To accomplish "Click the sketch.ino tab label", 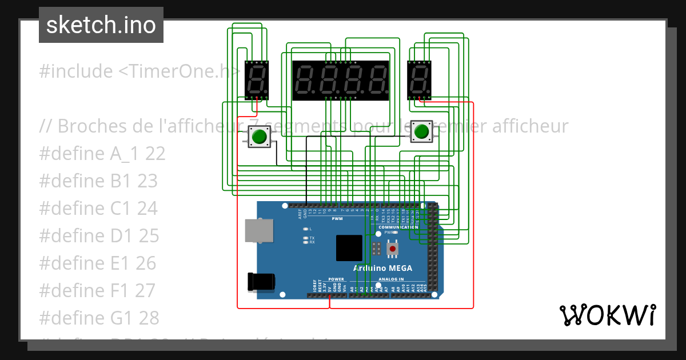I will pos(101,25).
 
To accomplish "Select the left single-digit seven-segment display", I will pos(257,79).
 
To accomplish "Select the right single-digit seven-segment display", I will pos(419,79).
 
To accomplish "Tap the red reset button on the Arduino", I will pos(392,249).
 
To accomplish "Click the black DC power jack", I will pos(261,282).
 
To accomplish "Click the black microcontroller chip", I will pos(349,248).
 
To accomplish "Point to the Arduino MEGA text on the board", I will pos(382,269).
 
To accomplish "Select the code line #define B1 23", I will pos(98,181).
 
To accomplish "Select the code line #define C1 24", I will pos(98,209).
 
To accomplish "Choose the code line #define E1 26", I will pos(97,263).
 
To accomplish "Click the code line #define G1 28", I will pos(99,318).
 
